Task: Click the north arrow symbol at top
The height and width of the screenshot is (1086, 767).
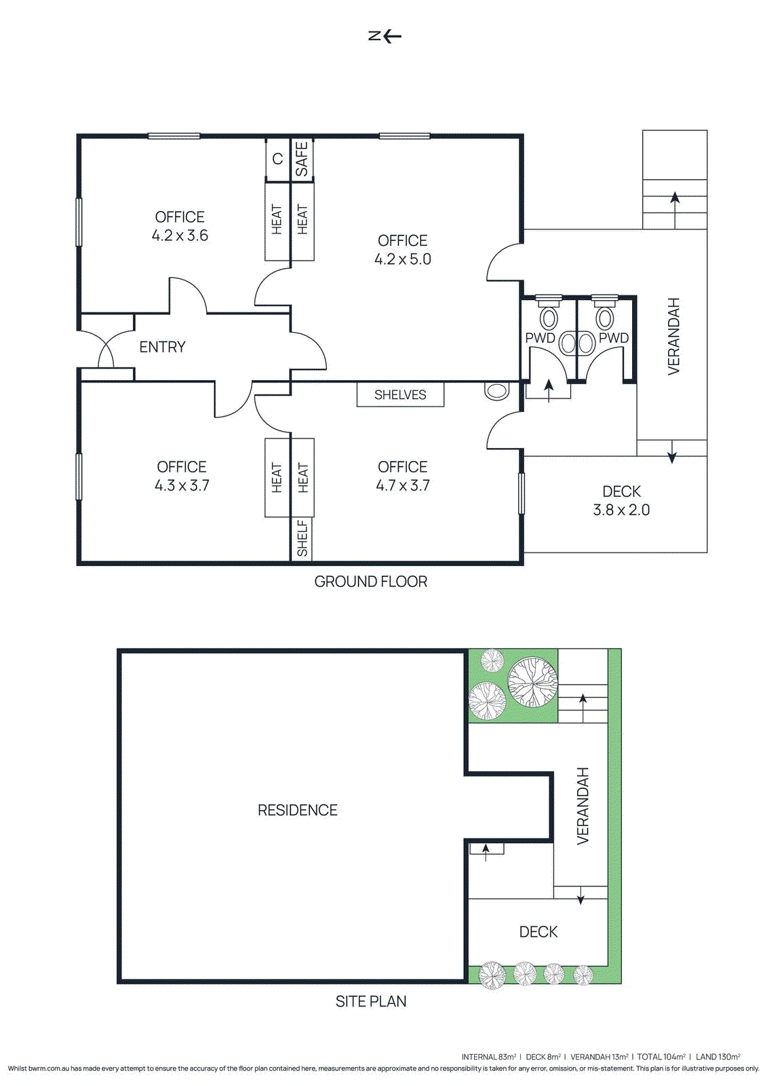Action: coord(385,36)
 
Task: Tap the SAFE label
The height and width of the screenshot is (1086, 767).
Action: coord(302,159)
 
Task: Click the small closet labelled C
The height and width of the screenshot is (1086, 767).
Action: coord(277,159)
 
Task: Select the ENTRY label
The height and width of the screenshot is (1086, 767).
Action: coord(162,347)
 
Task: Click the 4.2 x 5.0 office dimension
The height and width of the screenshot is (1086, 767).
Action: coord(403,259)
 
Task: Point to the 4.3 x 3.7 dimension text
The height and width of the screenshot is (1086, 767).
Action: coord(182,485)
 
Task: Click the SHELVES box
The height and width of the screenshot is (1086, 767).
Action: coord(400,394)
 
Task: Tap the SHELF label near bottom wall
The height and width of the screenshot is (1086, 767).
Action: coord(302,538)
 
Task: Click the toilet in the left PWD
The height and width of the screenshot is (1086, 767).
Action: coord(549,318)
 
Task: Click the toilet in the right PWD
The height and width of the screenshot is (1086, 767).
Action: coord(605,318)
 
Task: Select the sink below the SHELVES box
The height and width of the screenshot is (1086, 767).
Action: coord(497,391)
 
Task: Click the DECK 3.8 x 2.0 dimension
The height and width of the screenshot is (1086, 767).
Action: coord(621,510)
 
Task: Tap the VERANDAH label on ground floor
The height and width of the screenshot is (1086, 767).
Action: coord(673,336)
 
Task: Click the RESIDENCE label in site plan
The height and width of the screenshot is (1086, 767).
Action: coord(297,810)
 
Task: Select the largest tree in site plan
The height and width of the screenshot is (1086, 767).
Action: coord(533,681)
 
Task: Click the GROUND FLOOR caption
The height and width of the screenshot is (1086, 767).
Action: coord(370,582)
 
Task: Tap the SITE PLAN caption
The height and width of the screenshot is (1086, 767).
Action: coord(370,1001)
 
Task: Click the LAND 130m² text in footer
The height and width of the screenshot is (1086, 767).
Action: coord(717,1057)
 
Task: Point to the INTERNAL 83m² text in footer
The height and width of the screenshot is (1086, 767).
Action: coord(488,1057)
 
